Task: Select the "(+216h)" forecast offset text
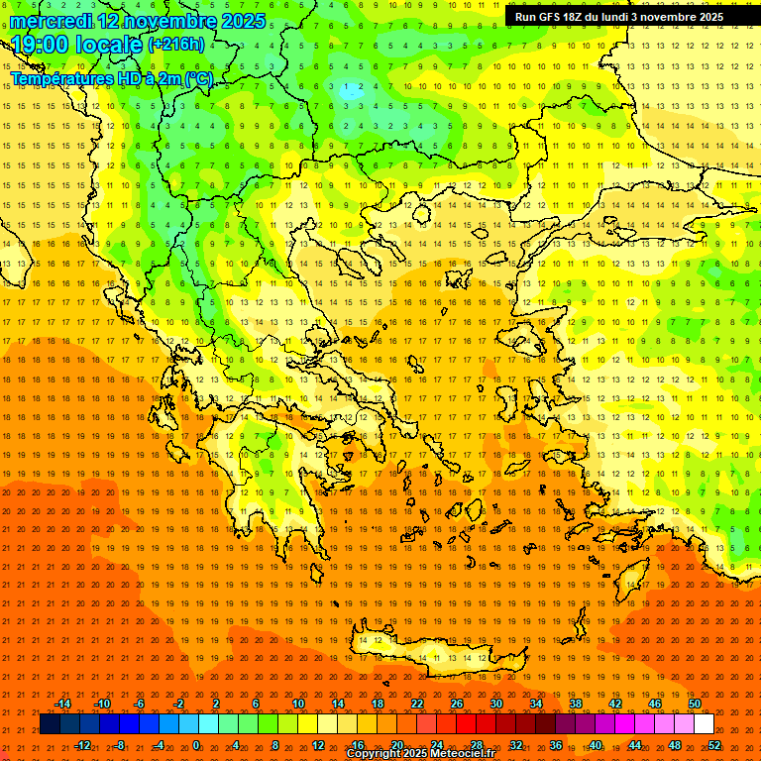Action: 176,44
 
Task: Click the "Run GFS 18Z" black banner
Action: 619,17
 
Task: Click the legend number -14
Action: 62,704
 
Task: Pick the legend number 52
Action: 714,744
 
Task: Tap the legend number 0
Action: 196,744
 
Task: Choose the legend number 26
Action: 457,704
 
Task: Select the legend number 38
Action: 576,704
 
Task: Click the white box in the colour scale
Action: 705,724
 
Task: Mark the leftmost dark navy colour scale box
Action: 50,724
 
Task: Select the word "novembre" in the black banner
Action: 676,17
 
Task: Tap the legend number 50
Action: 695,704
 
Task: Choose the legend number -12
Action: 82,744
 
